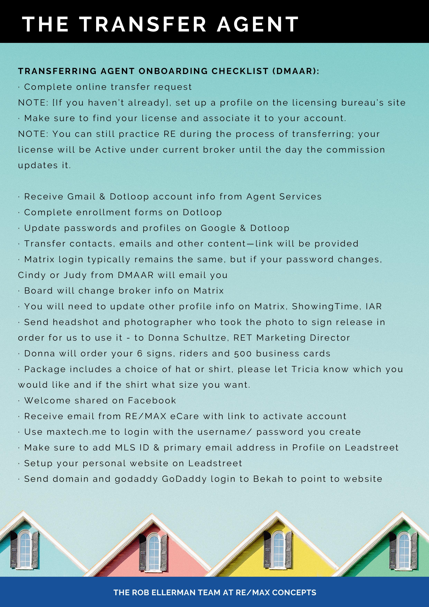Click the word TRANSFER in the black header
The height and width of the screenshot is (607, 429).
143,24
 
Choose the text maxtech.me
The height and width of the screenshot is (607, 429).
77,432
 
